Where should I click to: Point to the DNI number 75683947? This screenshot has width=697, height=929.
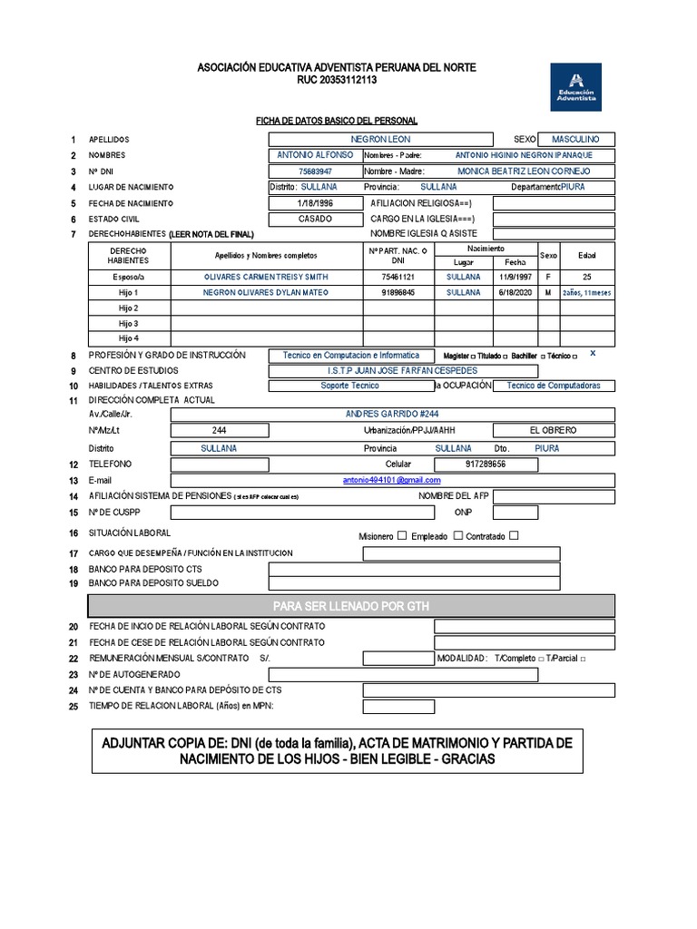pos(315,171)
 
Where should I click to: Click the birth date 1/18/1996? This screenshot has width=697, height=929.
pos(315,203)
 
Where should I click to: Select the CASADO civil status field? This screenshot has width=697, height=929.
pos(315,219)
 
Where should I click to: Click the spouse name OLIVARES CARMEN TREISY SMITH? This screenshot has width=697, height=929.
pos(266,277)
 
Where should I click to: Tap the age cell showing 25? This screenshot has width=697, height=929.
pos(587,277)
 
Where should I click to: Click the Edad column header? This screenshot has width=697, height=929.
pos(587,255)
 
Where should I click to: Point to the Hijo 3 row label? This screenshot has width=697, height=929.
pos(128,324)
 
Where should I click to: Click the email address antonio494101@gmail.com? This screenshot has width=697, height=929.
pos(391,480)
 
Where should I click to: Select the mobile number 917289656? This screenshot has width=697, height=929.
pos(485,464)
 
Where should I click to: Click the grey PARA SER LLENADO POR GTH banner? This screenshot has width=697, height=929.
pos(350,605)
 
